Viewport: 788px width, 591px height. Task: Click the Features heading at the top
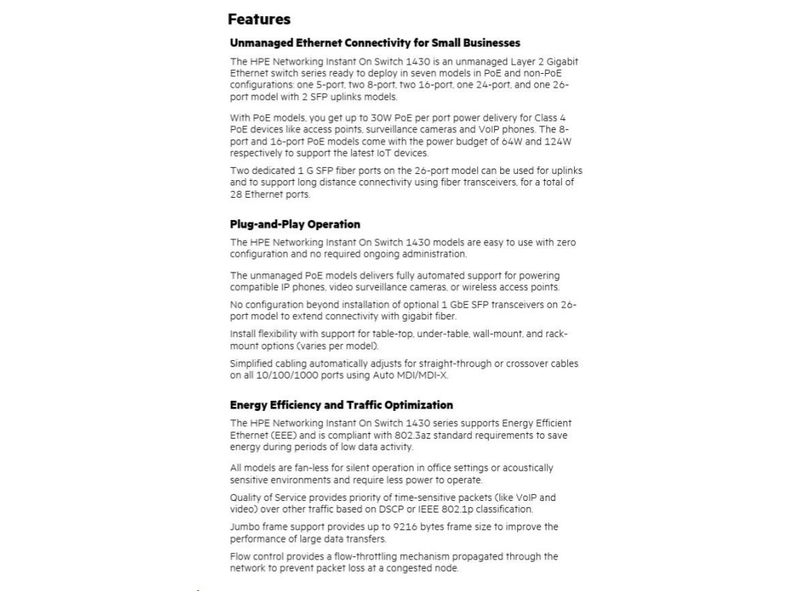pyautogui.click(x=259, y=19)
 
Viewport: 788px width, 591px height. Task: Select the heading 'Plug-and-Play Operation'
pyautogui.click(x=295, y=225)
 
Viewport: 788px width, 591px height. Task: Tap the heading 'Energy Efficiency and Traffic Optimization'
pyautogui.click(x=341, y=405)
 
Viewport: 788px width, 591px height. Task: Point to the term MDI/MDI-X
pyautogui.click(x=425, y=376)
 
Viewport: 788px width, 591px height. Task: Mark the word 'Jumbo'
pyautogui.click(x=245, y=527)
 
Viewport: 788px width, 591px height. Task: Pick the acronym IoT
pyautogui.click(x=391, y=153)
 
